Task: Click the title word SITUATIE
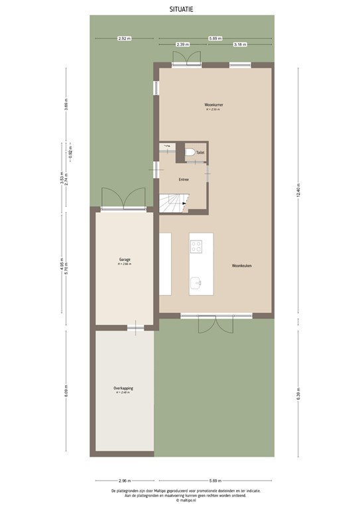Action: (181, 9)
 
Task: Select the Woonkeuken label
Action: (242, 265)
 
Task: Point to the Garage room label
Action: (125, 260)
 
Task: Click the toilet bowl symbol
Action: (191, 153)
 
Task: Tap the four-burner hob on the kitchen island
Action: (197, 247)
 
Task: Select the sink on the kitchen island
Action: (197, 283)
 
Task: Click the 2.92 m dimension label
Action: (124, 38)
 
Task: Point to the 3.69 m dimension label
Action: (66, 106)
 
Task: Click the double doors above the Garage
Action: (123, 199)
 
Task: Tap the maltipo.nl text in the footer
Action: (181, 501)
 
